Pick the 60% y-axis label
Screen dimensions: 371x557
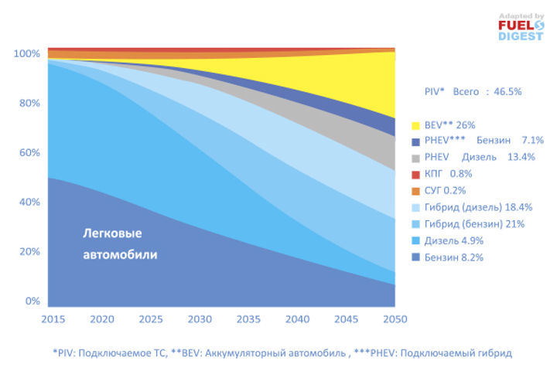click(x=29, y=152)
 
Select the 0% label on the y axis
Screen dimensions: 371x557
click(x=32, y=301)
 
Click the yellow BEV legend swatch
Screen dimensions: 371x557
click(x=416, y=124)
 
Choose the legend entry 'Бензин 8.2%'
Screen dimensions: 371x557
click(x=454, y=257)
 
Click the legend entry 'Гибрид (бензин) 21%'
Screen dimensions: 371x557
click(x=474, y=224)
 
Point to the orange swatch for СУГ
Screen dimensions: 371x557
click(x=416, y=190)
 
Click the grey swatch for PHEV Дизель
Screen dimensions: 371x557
click(x=416, y=158)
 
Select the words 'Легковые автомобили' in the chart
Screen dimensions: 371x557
click(x=119, y=243)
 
